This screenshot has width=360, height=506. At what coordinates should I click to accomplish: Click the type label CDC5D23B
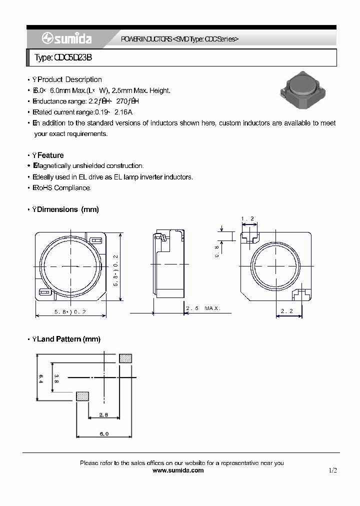click(x=63, y=58)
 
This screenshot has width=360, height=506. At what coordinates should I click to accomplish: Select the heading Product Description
click(x=69, y=79)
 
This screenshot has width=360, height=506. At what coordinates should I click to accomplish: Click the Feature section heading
click(x=50, y=155)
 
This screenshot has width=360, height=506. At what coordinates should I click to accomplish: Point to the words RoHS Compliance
click(x=64, y=188)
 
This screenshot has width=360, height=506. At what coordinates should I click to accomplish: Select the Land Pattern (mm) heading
click(x=69, y=339)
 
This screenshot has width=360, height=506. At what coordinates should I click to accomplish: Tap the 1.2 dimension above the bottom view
click(x=247, y=219)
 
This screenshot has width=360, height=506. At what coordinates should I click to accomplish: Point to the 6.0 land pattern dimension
click(x=103, y=434)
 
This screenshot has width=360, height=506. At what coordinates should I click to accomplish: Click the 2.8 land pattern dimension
click(x=103, y=414)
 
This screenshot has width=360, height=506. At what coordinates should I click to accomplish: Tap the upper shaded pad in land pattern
click(x=125, y=358)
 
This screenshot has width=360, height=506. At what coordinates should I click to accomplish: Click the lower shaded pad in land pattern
click(x=82, y=396)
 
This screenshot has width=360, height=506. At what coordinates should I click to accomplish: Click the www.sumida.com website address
click(x=177, y=470)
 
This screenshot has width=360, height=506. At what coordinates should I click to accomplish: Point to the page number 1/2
click(x=333, y=470)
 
